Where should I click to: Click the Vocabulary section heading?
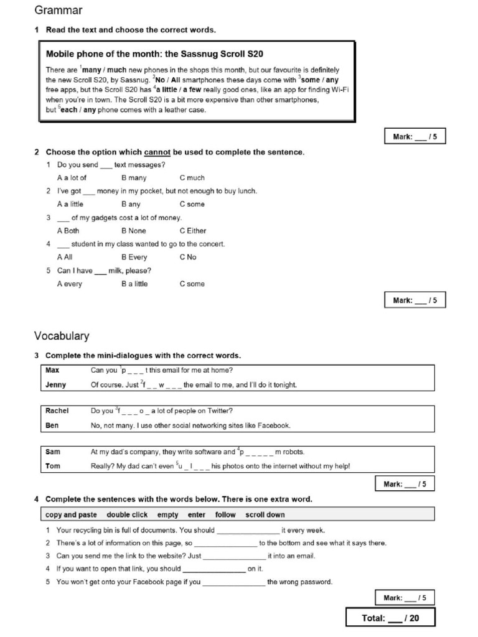[62, 336]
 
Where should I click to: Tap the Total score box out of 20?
[390, 618]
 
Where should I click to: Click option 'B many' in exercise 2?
[134, 178]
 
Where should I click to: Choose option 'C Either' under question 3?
[192, 231]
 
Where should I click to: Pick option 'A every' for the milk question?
[69, 284]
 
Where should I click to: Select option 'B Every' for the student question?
[134, 257]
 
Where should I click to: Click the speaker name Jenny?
[56, 384]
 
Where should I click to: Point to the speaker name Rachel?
[57, 411]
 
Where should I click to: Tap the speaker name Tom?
[53, 466]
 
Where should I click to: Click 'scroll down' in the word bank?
[265, 514]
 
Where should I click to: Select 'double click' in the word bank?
[127, 514]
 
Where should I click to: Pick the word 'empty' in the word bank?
[167, 514]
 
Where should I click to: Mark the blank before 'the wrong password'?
[234, 582]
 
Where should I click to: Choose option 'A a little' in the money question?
[70, 204]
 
